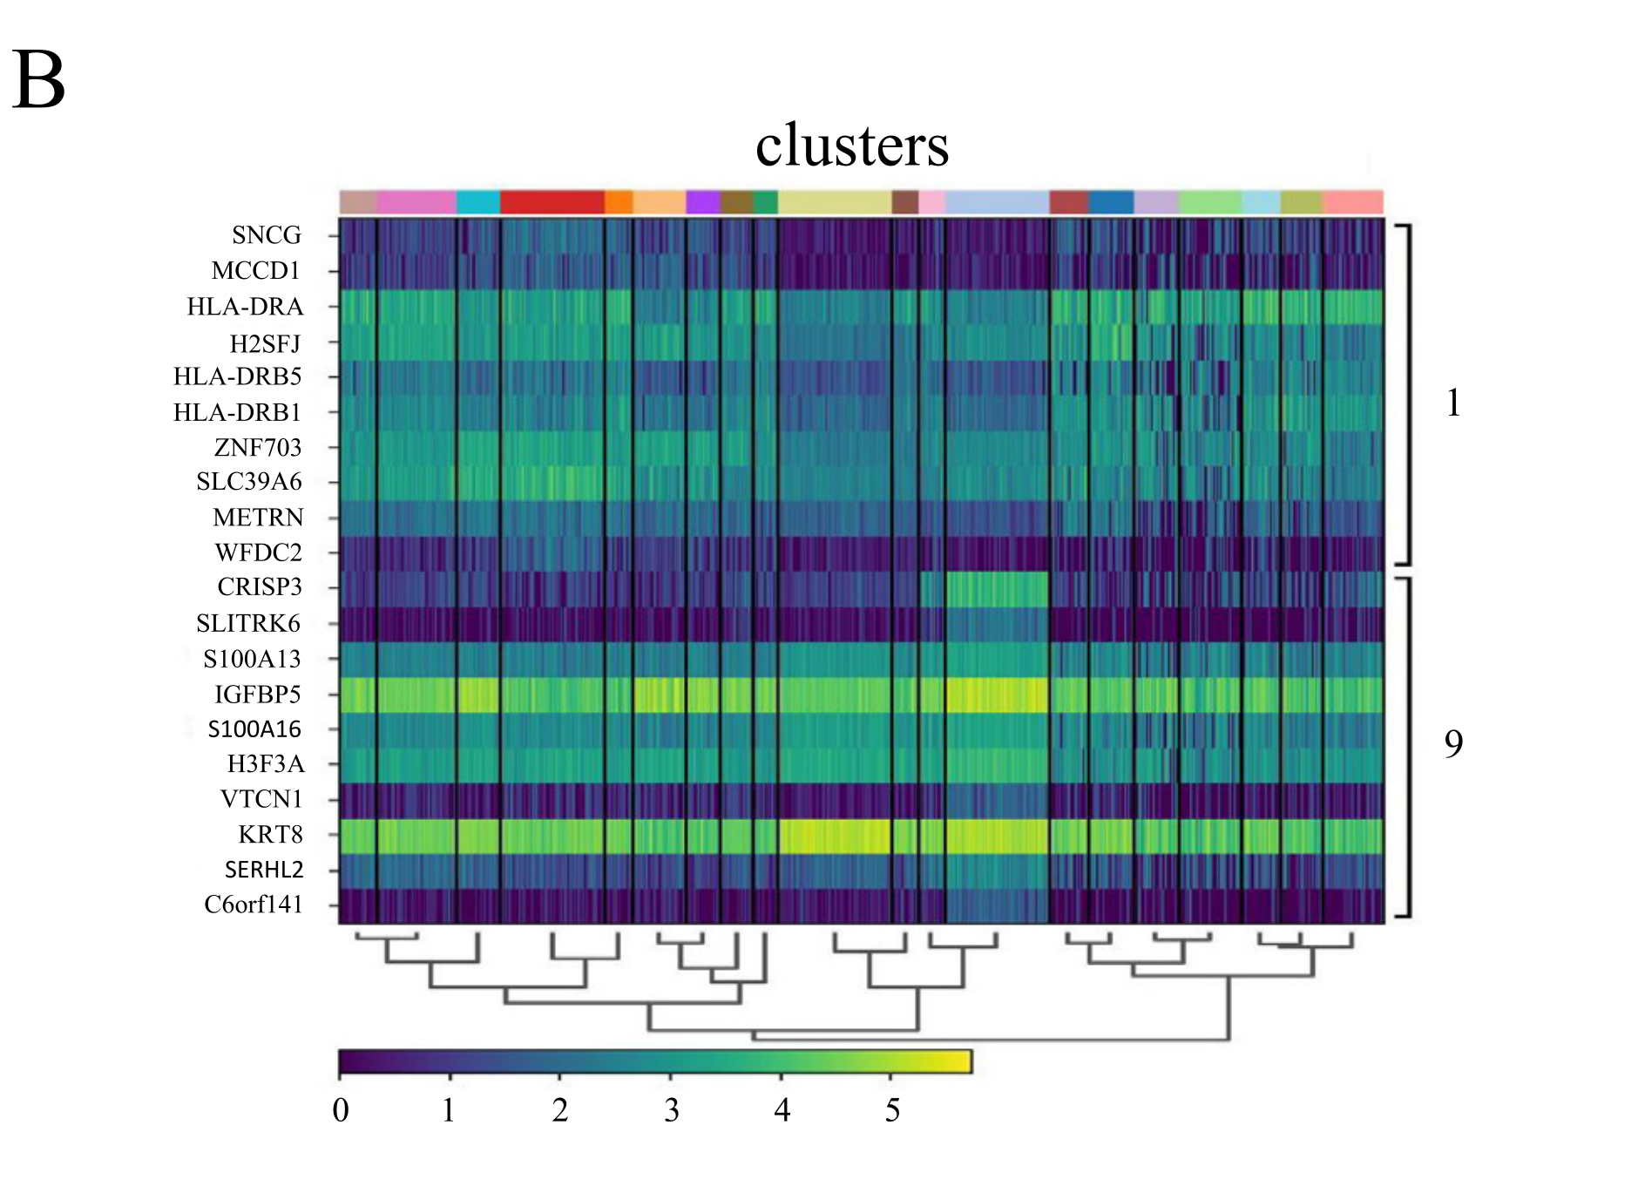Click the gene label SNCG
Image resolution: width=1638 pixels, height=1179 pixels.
267,235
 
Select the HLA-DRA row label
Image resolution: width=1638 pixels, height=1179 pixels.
245,307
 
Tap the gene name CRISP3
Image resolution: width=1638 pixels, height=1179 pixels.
260,587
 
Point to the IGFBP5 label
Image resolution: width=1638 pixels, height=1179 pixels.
258,695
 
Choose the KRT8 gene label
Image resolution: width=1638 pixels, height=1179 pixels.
271,835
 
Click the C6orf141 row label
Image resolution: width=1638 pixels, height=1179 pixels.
254,905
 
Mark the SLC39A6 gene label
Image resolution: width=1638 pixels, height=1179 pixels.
249,482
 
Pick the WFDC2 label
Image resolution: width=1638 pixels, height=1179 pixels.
259,552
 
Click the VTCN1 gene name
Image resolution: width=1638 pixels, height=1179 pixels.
261,799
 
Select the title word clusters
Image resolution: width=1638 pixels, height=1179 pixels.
851,146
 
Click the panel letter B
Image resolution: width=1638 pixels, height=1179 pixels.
39,81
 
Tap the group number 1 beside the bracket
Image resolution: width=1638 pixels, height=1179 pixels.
1452,403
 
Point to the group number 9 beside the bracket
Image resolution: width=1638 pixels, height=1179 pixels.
1453,743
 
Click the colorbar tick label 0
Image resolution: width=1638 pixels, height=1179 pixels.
341,1110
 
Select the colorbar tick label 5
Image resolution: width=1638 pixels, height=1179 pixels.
892,1110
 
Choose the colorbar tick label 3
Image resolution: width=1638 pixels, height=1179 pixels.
671,1110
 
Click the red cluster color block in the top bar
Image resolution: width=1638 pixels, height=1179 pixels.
552,202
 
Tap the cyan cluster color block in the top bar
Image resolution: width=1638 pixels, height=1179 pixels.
478,202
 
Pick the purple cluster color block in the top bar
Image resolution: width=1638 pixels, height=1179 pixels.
703,202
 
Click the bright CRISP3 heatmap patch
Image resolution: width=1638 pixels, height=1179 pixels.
997,589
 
